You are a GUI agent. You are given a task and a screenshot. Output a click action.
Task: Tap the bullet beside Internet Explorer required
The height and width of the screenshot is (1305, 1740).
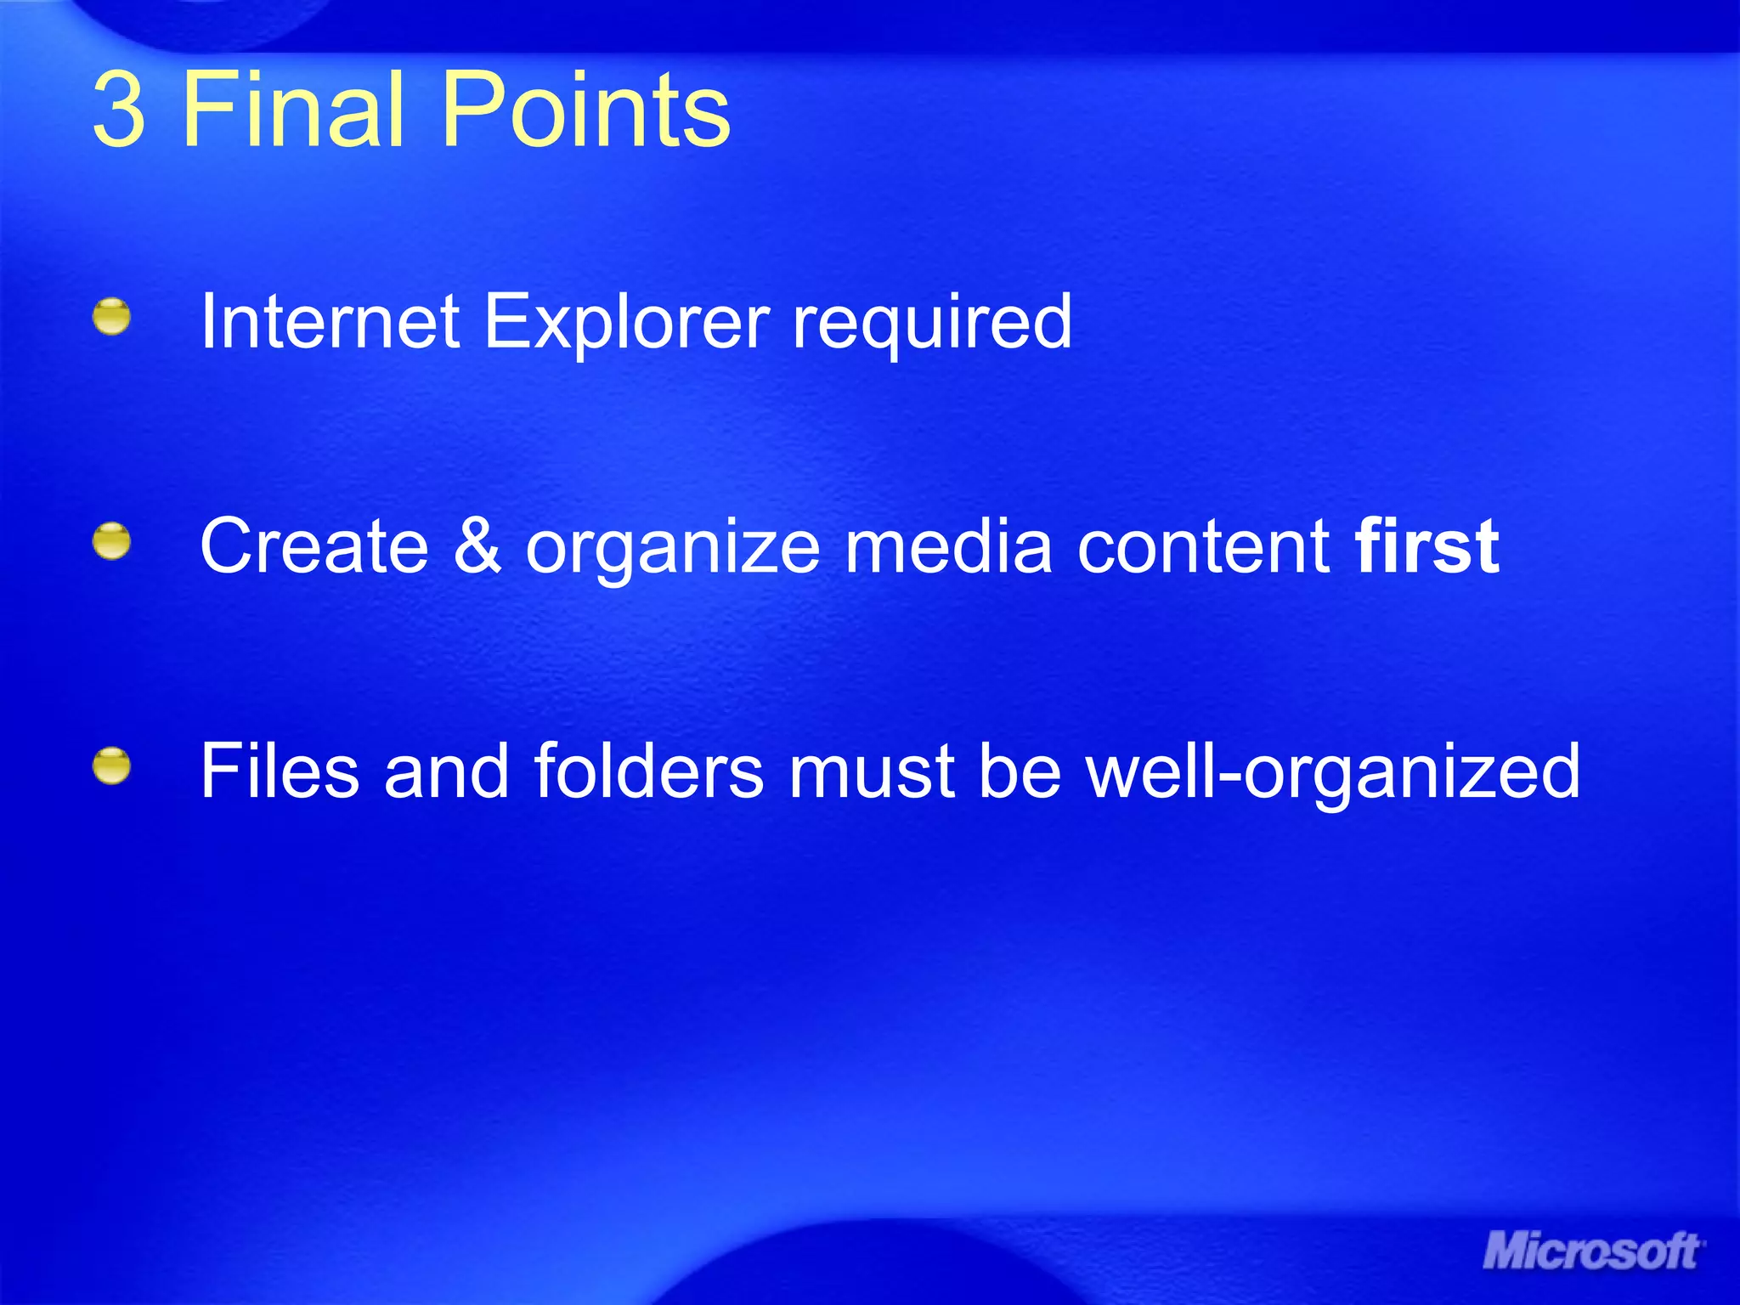coord(111,317)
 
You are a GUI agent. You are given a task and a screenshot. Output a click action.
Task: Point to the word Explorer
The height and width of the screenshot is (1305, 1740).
coord(627,323)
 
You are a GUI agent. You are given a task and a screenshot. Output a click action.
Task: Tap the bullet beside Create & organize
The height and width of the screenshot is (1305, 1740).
coord(111,542)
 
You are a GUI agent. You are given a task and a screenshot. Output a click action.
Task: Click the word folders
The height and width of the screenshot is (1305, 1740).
coord(649,771)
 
